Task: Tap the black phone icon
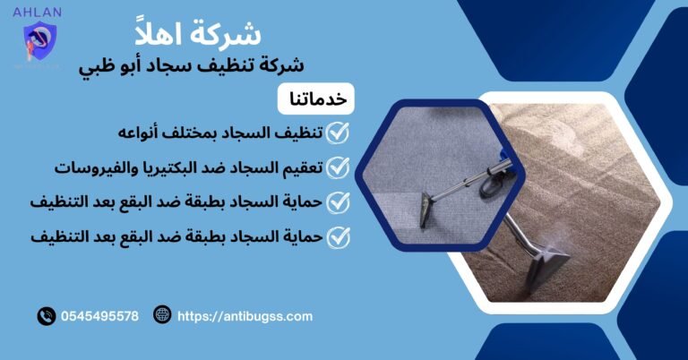(46, 316)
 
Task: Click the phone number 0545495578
(100, 316)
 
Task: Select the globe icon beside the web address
(162, 315)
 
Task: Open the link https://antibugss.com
(245, 316)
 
